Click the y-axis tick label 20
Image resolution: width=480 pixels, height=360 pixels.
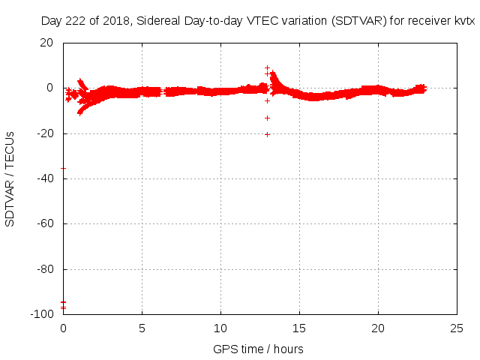coord(46,43)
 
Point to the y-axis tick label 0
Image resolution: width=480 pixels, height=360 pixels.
coord(49,88)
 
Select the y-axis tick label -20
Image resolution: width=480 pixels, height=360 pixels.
coord(44,133)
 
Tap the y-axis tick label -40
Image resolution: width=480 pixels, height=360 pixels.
coord(44,178)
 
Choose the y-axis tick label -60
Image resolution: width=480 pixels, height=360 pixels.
coord(44,223)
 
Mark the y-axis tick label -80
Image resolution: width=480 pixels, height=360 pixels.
coord(44,269)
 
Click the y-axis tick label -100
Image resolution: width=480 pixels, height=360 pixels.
coord(41,314)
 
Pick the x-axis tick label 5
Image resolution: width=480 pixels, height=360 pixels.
coord(142,328)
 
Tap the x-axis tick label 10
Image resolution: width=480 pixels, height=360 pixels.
coord(220,328)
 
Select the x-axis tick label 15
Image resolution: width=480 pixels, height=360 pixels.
coord(299,328)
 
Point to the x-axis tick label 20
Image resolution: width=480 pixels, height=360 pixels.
coord(378,328)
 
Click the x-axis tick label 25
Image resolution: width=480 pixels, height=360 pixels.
coord(457,328)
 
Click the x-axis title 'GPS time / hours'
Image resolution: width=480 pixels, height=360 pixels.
coord(258,349)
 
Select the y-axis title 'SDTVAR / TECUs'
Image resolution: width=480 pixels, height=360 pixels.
coord(10,178)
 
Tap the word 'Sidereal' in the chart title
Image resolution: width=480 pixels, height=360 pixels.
coord(161,22)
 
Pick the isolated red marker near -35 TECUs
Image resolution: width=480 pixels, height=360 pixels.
coord(63,168)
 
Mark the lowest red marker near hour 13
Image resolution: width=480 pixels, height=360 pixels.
coord(267,134)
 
